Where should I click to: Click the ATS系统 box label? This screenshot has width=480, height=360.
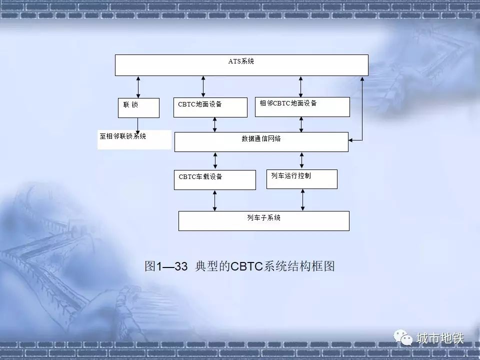[241, 61]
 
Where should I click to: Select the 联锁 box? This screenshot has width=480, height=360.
[138, 108]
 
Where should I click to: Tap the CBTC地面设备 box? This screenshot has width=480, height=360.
[210, 107]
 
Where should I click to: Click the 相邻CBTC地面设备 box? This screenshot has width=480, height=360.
[302, 107]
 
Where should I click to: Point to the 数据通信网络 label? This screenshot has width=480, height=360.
[261, 138]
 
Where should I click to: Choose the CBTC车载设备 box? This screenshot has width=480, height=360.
[215, 180]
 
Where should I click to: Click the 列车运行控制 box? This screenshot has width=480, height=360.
[302, 179]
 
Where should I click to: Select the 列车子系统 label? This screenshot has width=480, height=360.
[264, 217]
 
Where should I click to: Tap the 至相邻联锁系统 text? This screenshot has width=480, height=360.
[123, 136]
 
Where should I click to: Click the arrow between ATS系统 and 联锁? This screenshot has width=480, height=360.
[138, 87]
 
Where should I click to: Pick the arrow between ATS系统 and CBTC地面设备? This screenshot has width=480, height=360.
[203, 87]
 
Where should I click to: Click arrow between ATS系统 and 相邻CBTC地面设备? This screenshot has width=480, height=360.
[300, 86]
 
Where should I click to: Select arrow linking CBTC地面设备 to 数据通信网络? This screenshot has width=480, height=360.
[214, 125]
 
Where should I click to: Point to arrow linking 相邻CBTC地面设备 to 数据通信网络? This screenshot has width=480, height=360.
[301, 124]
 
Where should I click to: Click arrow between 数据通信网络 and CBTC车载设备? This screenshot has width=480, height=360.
[215, 161]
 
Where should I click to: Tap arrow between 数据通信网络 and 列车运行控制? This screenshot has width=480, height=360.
[302, 160]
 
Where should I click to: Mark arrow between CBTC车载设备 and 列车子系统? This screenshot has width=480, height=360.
[214, 201]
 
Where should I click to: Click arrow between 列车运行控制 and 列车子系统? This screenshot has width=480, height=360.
[303, 200]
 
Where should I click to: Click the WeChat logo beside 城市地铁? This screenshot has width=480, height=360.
[403, 337]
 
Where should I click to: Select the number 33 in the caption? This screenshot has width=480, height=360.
[181, 266]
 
